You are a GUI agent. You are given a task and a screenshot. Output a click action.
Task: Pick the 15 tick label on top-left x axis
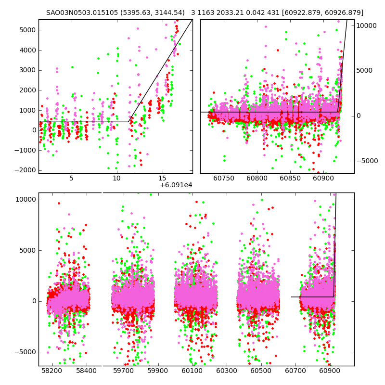point(163,178)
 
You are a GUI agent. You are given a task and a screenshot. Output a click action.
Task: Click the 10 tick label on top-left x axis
point(117,178)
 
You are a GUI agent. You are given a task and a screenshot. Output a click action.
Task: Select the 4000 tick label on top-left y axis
point(26,50)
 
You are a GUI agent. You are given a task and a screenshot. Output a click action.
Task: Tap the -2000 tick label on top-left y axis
point(24,170)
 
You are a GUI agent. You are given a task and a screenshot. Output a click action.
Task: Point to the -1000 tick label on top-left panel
point(24,150)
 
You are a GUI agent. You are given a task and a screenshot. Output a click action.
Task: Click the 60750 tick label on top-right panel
point(223,178)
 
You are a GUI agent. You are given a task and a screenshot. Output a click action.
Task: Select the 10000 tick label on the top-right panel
point(367,26)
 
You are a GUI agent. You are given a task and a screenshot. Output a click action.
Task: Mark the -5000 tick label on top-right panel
point(367,161)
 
